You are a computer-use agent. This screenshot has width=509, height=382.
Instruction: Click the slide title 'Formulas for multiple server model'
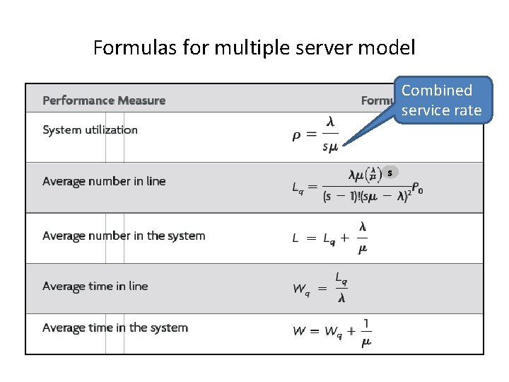[x=254, y=48]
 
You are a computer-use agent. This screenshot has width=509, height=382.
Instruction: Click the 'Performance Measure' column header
[x=104, y=100]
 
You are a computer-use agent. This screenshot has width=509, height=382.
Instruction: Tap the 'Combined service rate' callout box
[x=442, y=100]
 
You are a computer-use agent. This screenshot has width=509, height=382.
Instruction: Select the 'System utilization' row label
[x=90, y=129]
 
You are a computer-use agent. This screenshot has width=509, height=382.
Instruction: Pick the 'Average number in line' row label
[x=104, y=181]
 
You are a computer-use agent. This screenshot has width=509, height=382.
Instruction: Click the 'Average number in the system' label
[x=124, y=236]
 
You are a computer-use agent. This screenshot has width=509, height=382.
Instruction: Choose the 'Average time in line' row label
[x=95, y=286]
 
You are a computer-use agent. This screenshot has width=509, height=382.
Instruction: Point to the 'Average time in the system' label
[x=115, y=328]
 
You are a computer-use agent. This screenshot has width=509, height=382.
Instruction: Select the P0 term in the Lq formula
[x=417, y=188]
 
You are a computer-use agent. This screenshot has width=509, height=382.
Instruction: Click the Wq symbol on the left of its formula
[x=301, y=289]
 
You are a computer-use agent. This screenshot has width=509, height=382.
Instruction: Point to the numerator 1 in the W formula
[x=365, y=324]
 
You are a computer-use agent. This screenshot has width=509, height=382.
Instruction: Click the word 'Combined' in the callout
[x=437, y=91]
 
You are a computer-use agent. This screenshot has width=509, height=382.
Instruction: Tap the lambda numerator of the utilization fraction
[x=330, y=122]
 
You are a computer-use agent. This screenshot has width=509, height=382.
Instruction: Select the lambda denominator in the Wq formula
[x=341, y=299]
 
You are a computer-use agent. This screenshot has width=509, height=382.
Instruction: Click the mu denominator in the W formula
[x=365, y=342]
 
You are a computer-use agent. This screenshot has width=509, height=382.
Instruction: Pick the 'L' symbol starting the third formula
[x=296, y=238]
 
